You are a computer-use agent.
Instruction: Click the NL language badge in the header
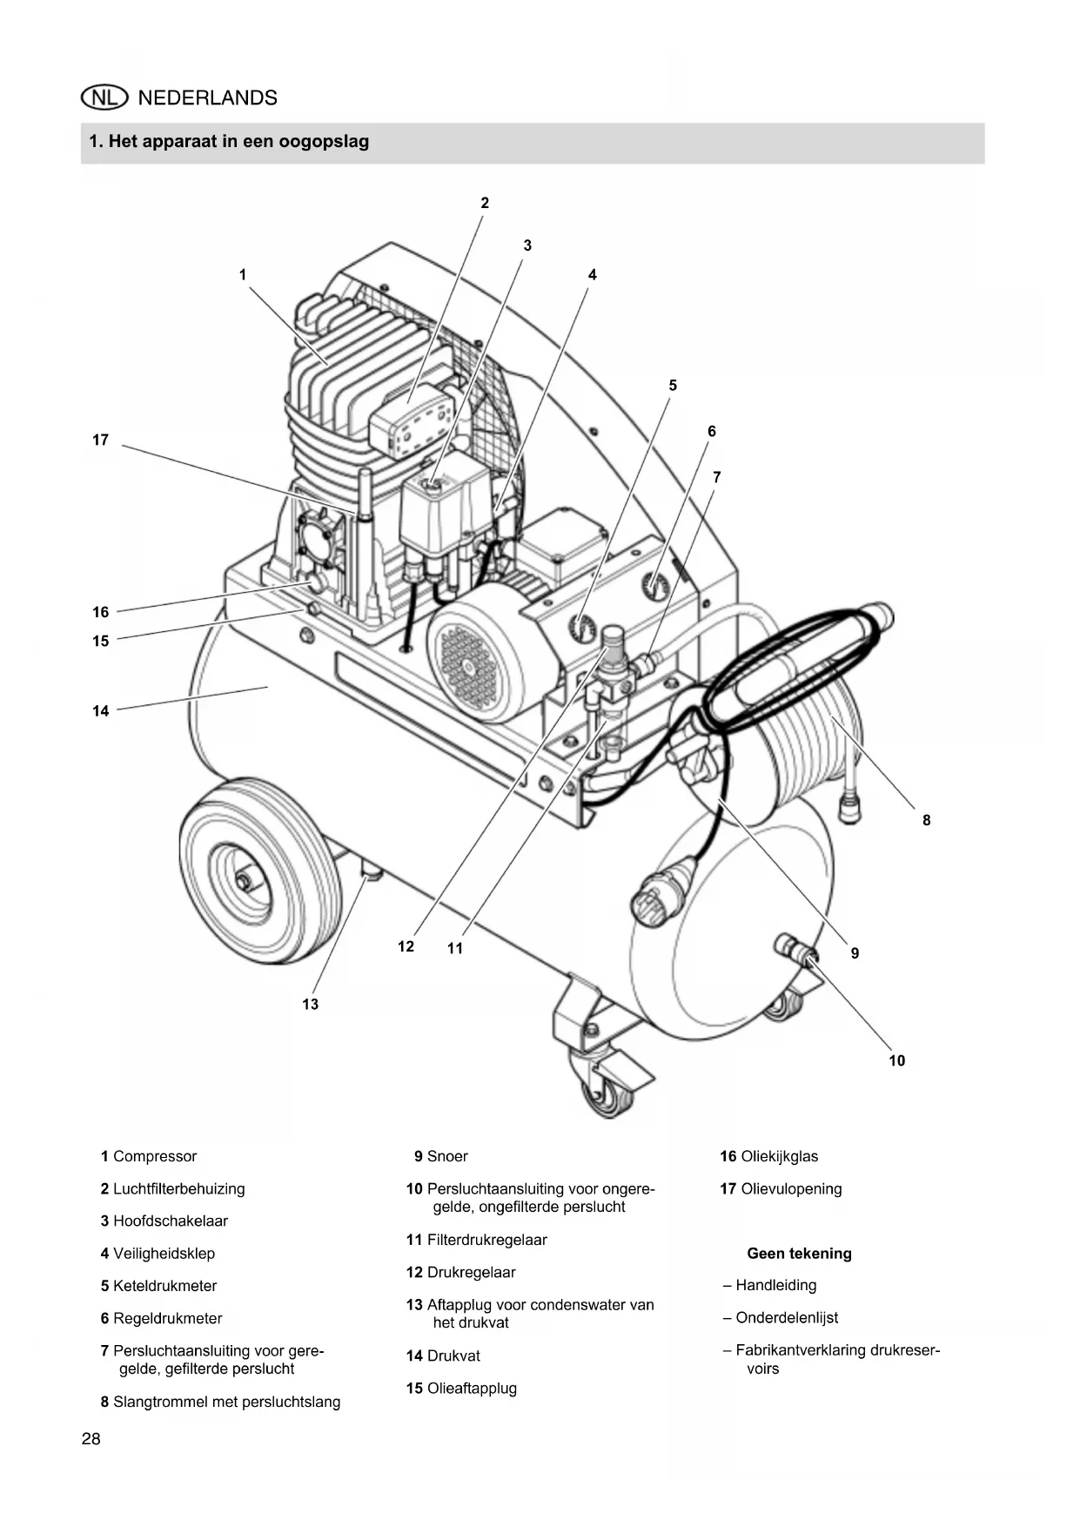pyautogui.click(x=104, y=98)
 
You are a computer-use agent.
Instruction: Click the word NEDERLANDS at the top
pyautogui.click(x=208, y=98)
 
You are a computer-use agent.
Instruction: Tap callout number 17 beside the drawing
pyautogui.click(x=101, y=441)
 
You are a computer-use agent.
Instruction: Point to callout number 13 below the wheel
pyautogui.click(x=311, y=1004)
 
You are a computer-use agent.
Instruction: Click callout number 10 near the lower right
pyautogui.click(x=897, y=1060)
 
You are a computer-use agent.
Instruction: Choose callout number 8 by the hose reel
pyautogui.click(x=927, y=820)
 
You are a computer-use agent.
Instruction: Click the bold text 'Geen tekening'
pyautogui.click(x=800, y=1254)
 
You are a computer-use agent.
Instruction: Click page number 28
pyautogui.click(x=91, y=1439)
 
